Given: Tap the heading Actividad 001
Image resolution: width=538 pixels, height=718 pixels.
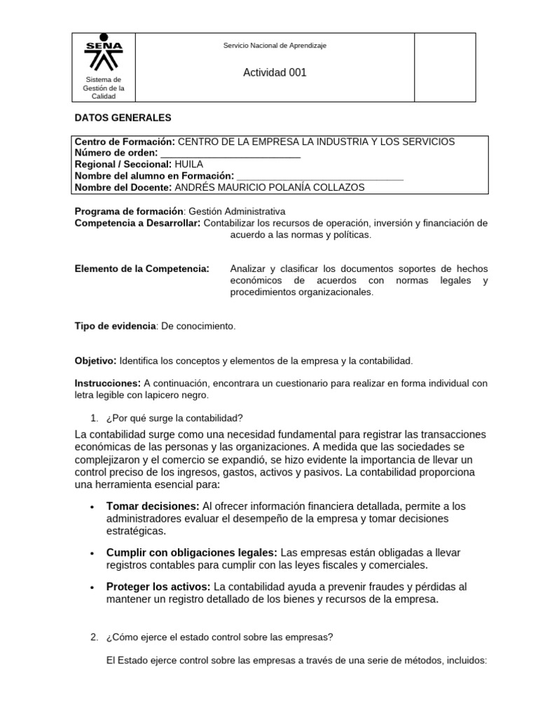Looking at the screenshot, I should [x=275, y=72].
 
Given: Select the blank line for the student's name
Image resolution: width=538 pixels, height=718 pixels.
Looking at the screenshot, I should [x=320, y=176].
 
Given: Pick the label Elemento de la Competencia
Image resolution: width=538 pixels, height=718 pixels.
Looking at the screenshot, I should [x=142, y=269].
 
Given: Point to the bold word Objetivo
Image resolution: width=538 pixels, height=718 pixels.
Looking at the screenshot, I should [x=95, y=360].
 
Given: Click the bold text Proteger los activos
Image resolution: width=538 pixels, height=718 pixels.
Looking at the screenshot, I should [x=158, y=587].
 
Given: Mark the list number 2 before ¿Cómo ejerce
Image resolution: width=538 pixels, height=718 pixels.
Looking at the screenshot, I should [x=94, y=637].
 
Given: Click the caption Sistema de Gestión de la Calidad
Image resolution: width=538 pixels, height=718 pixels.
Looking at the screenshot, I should [x=104, y=88].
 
